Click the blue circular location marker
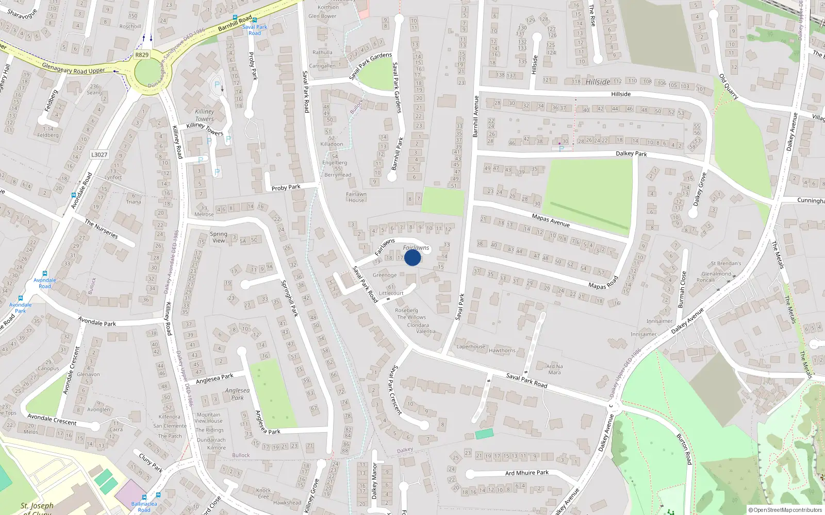tap(412, 257)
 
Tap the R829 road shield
tap(142, 55)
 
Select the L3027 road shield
tap(99, 154)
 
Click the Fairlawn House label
tap(356, 197)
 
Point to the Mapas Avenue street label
tap(551, 220)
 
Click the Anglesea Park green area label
tap(237, 394)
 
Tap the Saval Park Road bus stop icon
tap(255, 20)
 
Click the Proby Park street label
tap(286, 187)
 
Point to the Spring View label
tap(219, 237)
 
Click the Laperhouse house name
tap(471, 347)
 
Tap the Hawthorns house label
tap(502, 351)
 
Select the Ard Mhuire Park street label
tap(527, 473)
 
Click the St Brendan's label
tap(726, 264)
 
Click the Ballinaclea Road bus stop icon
tap(158, 495)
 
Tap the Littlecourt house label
tap(391, 293)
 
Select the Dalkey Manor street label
tap(374, 482)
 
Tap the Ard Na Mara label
tap(554, 369)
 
